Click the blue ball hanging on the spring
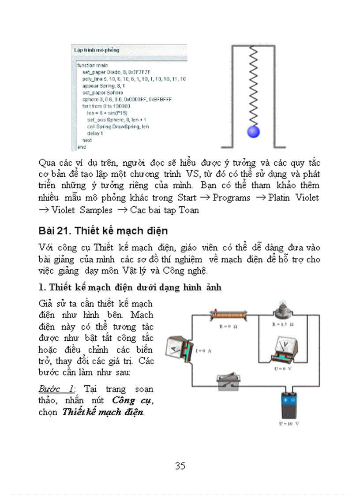point(253,131)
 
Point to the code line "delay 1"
point(95,133)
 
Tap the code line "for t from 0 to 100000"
point(106,106)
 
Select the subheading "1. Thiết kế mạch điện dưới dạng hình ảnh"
point(130,287)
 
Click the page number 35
point(180,466)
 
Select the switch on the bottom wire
point(228,383)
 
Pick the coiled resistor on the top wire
point(228,315)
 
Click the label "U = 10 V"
point(289,424)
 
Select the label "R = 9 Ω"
point(229,327)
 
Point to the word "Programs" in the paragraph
point(231,198)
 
